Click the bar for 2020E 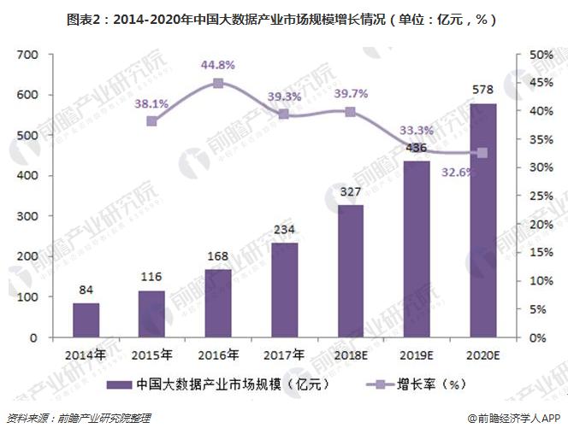click(x=482, y=220)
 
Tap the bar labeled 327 click(x=350, y=271)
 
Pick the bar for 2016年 click(x=218, y=303)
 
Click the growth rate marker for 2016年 click(x=218, y=83)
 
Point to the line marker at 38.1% click(x=152, y=121)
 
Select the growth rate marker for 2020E click(x=482, y=153)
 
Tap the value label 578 click(x=482, y=91)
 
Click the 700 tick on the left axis click(x=29, y=55)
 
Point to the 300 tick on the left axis click(x=29, y=216)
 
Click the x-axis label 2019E click(x=417, y=354)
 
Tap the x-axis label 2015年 click(x=152, y=354)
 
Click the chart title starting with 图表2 click(x=283, y=17)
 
